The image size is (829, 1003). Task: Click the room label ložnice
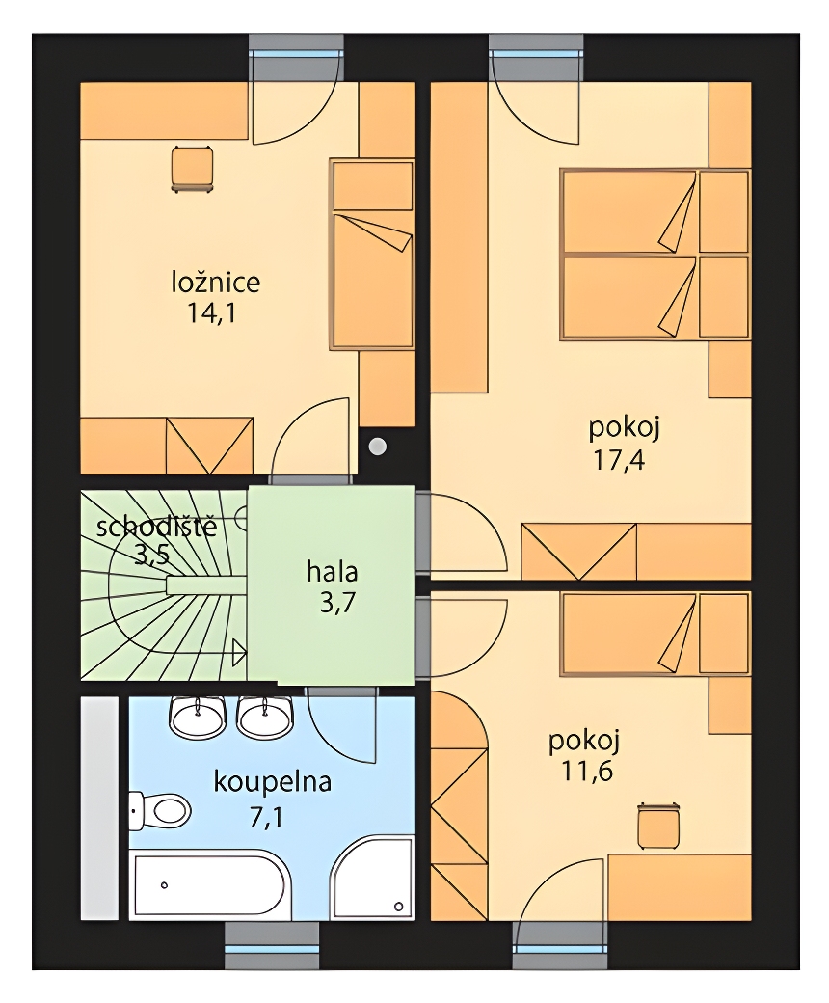point(215,282)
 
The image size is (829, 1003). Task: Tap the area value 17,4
point(619,460)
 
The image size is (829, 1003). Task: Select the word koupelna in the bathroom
point(272,783)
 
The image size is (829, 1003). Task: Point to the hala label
point(332,572)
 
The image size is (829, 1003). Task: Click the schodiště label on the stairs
point(156,528)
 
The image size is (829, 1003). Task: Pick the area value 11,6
point(587,772)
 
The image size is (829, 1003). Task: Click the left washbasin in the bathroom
point(198,716)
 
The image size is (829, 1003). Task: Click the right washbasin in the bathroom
point(265,716)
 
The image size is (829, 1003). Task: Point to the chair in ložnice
point(192,169)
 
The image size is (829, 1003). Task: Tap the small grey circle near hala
point(379,446)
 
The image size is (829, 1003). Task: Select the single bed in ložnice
point(371,254)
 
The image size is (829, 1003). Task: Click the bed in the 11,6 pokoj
point(655,634)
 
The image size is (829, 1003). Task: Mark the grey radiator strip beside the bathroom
point(99,808)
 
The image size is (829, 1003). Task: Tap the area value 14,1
point(211,313)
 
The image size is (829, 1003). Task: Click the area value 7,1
point(266,817)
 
